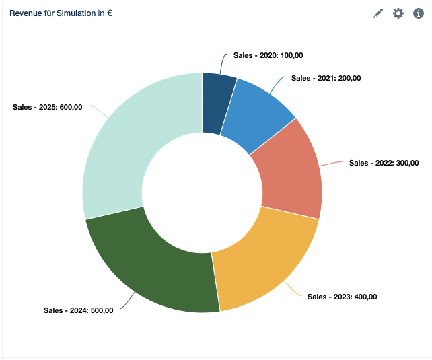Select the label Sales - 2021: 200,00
coord(326,78)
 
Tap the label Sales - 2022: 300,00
coord(384,163)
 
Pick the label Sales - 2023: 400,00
coord(342,297)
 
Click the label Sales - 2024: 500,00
coord(79,310)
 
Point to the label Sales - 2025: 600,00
coord(48,106)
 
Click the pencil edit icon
coord(378,13)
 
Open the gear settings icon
coord(398,13)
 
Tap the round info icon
coord(419,13)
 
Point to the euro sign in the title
coord(109,13)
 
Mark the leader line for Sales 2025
coord(98,112)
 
